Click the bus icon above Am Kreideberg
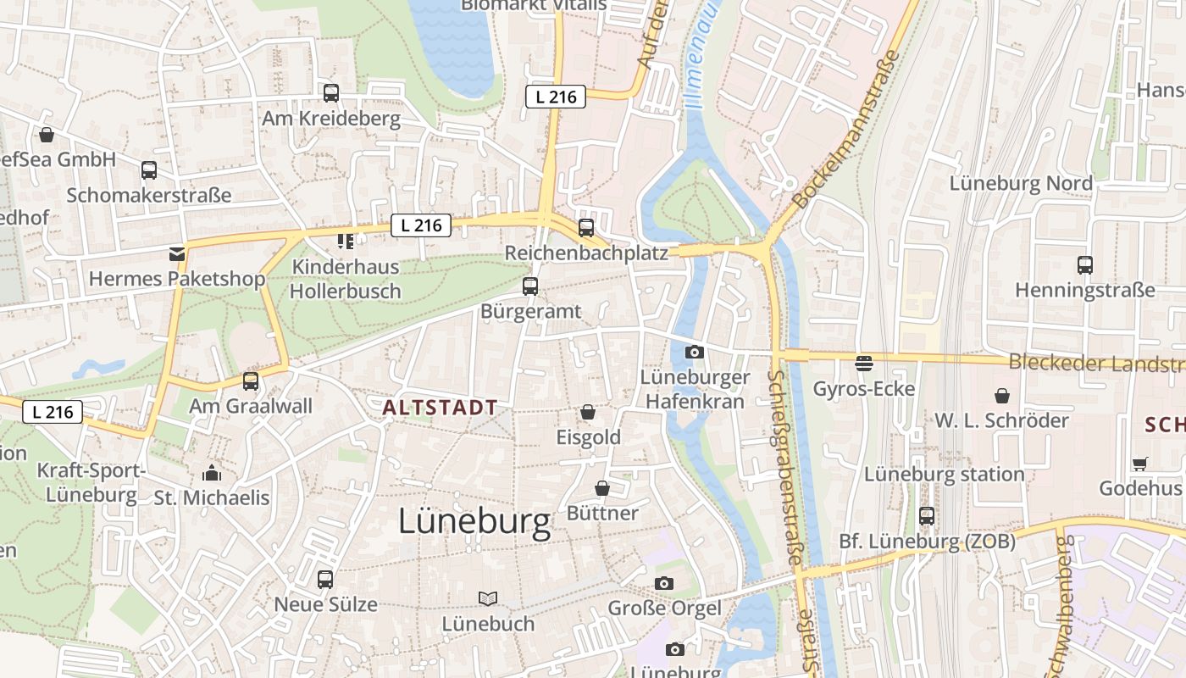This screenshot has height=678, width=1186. (330, 93)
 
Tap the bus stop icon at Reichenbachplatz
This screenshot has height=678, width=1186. (585, 227)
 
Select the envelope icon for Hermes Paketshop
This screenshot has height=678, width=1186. (176, 253)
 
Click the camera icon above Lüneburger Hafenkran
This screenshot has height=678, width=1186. (695, 352)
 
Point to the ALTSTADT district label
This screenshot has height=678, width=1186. (440, 408)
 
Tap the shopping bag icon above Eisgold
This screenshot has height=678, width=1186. (587, 412)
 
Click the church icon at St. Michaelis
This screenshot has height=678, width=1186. (212, 472)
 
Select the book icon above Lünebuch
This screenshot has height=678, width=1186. (488, 598)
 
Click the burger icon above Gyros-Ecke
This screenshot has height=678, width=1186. (864, 364)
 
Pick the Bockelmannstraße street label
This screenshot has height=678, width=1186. (845, 131)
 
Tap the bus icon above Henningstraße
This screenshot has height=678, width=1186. (1084, 264)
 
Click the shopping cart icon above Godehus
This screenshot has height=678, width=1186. (1139, 464)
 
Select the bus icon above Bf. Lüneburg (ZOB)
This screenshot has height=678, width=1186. (927, 515)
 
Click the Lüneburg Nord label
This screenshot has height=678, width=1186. (1020, 183)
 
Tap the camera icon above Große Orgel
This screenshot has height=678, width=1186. (664, 583)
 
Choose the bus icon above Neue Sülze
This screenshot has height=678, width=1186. (325, 580)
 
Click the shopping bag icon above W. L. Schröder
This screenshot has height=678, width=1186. (1001, 395)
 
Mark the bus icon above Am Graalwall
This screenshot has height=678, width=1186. (251, 381)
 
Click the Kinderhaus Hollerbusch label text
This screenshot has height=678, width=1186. (346, 279)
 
